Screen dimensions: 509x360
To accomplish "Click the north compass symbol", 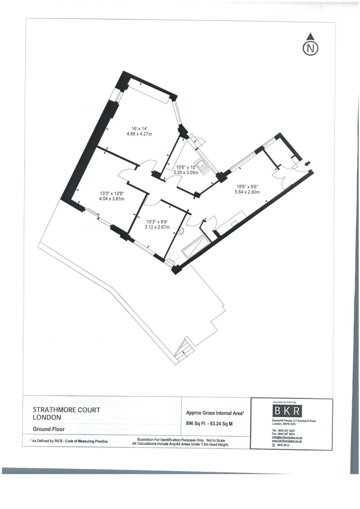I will pos(310,46).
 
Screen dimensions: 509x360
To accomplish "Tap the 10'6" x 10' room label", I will pos(186,170).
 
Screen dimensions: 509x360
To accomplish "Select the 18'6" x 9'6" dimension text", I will pos(247,189).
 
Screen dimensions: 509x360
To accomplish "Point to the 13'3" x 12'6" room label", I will pos(112,196).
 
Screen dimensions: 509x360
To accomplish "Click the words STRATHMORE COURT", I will pos(67,410).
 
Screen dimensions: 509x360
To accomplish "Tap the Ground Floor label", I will pos(49,429).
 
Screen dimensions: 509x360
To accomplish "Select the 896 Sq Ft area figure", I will pos(195,424).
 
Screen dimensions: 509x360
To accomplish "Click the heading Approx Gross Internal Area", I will pos(215,413).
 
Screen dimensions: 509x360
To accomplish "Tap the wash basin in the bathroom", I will pos(182,231).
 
